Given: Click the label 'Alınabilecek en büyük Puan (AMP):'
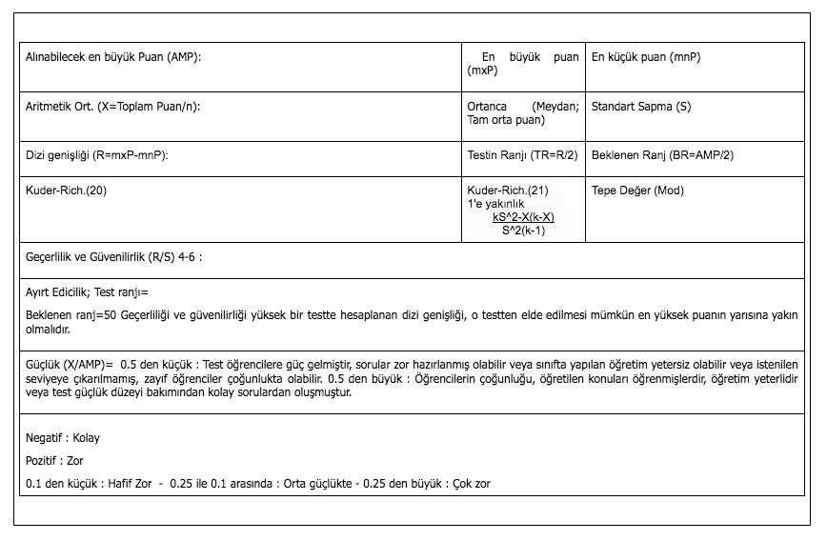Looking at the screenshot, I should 113,57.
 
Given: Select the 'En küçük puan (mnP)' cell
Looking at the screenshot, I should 646,57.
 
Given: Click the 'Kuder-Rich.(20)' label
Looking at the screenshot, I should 66,190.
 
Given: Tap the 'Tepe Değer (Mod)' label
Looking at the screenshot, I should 637,190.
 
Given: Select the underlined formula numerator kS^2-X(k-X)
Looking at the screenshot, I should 523,217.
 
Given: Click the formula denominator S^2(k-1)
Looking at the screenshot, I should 523,230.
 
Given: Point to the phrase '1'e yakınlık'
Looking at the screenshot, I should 496,204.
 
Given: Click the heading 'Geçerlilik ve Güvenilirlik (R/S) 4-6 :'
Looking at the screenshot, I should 114,257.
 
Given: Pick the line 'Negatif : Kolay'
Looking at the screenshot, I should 63,438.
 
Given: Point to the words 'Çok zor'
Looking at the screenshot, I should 472,484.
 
